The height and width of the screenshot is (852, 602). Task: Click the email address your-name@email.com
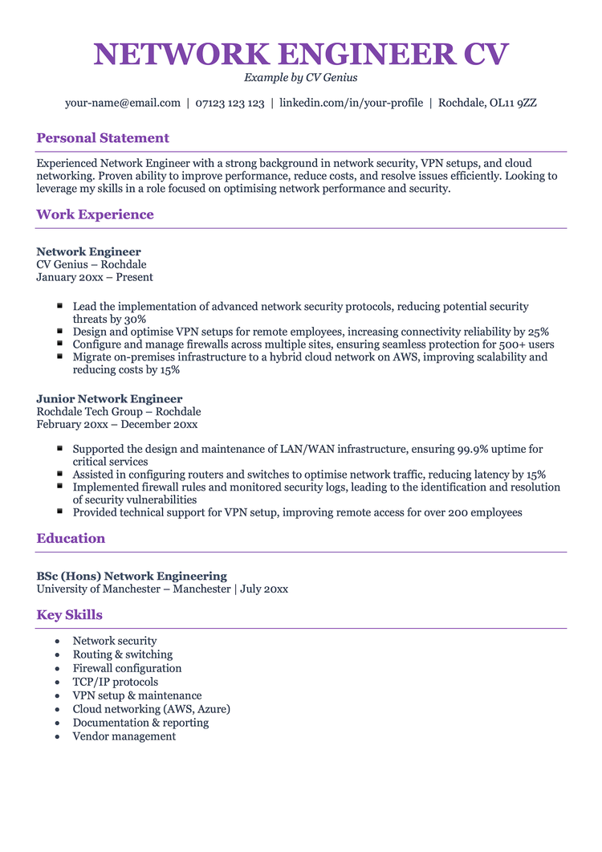coord(123,103)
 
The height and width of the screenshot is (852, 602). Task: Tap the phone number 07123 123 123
coord(230,103)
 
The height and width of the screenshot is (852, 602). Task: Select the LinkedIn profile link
coord(351,103)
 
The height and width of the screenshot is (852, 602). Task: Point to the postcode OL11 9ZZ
coord(515,103)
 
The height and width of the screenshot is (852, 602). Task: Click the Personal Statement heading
coord(103,138)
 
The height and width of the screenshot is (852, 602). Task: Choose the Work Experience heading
coord(95,214)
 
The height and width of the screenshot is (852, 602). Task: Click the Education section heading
coord(71,538)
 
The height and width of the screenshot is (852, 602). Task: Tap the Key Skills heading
coord(69,615)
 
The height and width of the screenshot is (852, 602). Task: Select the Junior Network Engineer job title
coord(109,399)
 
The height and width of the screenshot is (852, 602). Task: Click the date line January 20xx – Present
coord(95,277)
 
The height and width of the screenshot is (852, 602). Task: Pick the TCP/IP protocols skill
coord(116,682)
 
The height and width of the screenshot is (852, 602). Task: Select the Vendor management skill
coord(124,736)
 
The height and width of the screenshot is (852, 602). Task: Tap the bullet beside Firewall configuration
coord(57,669)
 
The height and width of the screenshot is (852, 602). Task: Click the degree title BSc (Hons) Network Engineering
coord(132,576)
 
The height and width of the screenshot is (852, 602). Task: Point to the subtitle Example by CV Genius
coord(301,78)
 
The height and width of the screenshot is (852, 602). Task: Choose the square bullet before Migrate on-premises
coord(60,356)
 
